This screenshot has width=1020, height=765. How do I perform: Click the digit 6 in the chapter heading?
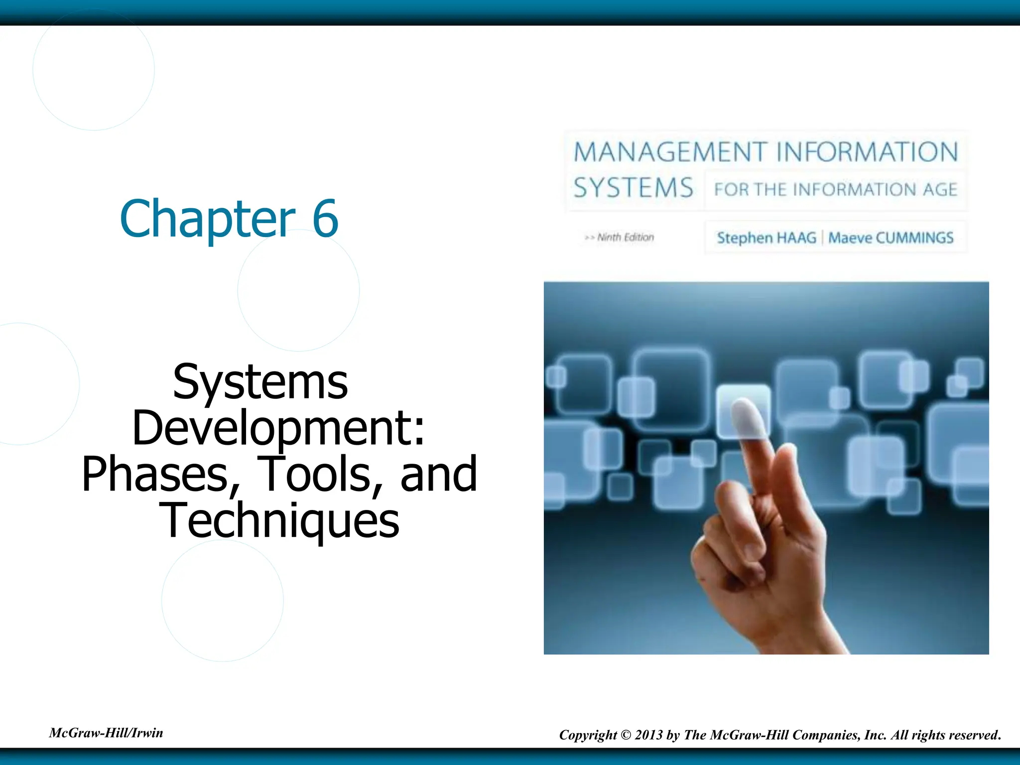coord(325,219)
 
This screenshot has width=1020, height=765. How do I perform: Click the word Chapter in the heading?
coord(208,219)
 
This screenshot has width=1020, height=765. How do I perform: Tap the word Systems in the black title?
coord(260,382)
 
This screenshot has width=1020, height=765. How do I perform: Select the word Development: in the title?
coord(278,428)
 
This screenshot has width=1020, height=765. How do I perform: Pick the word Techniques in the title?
coord(279,520)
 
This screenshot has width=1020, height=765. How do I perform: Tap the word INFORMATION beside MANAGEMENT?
coord(867,152)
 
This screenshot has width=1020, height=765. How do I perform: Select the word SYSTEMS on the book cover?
coord(633,188)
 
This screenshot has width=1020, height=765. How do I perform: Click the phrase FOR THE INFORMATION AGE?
coord(836,190)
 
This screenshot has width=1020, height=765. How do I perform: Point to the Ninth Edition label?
coord(625,238)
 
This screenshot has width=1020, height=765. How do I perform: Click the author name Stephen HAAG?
coord(766,238)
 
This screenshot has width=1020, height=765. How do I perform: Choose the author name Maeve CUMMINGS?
coord(891,238)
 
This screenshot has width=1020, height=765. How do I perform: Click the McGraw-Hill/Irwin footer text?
coord(106,733)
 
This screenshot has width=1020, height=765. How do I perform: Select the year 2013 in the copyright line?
coord(648,735)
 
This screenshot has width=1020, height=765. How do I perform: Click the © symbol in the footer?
coord(626,735)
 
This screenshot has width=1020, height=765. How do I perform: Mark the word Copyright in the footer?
coord(588,735)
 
